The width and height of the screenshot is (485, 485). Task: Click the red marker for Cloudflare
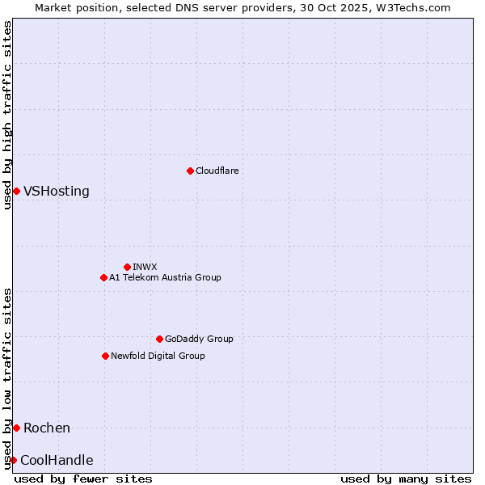[x=190, y=171]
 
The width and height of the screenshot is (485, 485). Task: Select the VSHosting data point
[x=16, y=191]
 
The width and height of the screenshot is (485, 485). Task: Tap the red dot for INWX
[x=127, y=267]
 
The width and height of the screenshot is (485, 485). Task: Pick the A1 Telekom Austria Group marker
[x=103, y=277]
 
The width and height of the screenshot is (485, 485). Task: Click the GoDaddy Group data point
[x=159, y=339]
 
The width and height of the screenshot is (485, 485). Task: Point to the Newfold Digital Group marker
[x=105, y=356]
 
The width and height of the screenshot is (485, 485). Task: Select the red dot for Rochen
[x=16, y=428]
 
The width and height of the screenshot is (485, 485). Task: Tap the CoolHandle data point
[x=13, y=460]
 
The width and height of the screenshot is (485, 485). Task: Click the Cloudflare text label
[x=217, y=171]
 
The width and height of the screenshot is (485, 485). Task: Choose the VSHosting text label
[x=57, y=192]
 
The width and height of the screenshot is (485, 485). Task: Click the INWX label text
[x=145, y=267]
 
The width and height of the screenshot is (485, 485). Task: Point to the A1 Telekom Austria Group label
[x=165, y=277]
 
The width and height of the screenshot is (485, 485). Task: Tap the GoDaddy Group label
[x=199, y=339]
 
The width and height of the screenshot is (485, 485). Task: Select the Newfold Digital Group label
[x=158, y=356]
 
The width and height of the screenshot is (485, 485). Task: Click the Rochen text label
[x=47, y=428]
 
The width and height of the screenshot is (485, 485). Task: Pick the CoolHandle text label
[x=57, y=461]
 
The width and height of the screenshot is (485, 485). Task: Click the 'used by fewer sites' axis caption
[x=83, y=479]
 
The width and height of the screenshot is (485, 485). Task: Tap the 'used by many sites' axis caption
[x=406, y=479]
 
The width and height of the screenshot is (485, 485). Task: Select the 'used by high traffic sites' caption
[x=7, y=115]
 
